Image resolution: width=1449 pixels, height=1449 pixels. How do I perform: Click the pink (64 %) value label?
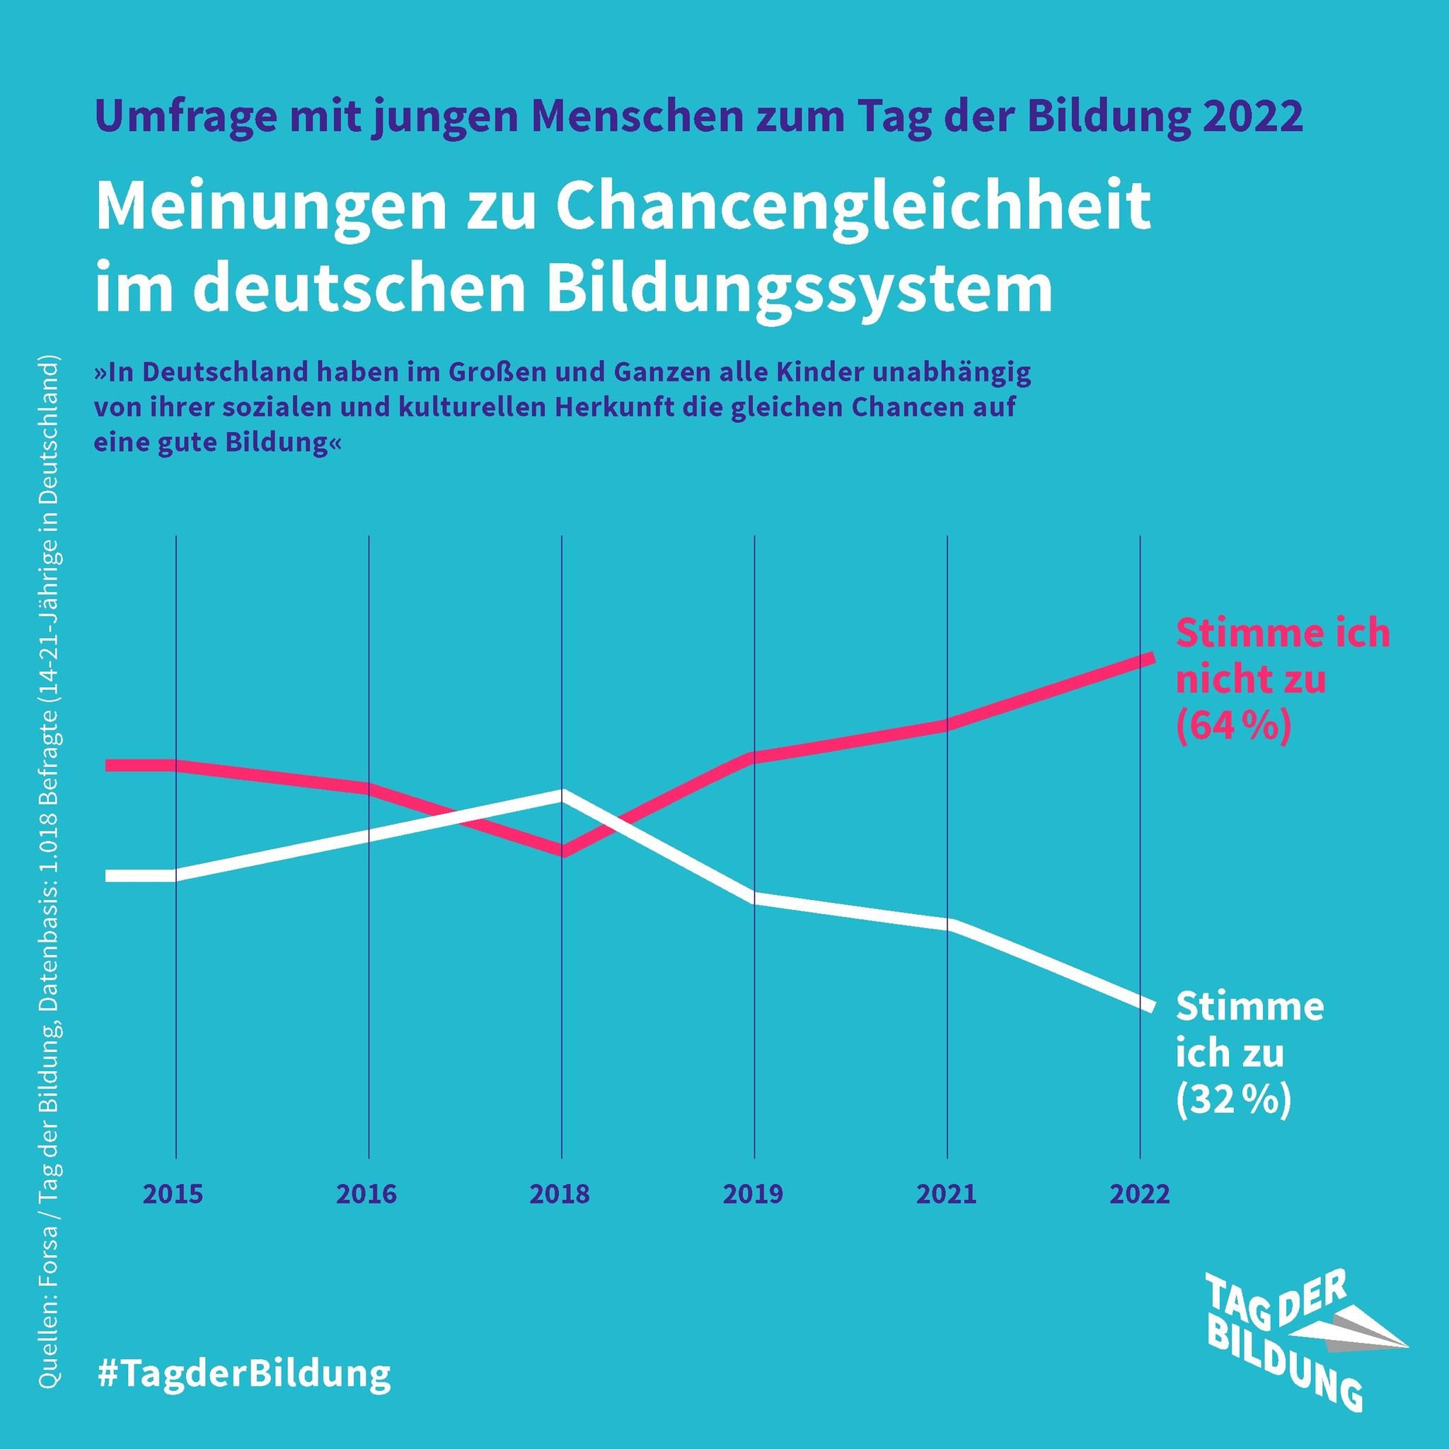click(1233, 726)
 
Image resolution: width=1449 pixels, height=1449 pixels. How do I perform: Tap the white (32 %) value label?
click(1233, 1100)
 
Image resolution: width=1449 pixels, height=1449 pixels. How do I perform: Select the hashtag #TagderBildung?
click(245, 1373)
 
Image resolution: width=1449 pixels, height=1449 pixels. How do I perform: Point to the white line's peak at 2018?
click(562, 795)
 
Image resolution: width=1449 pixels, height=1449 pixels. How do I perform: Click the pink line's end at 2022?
click(1150, 658)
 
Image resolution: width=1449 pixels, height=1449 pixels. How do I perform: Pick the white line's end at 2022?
click(1150, 1007)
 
